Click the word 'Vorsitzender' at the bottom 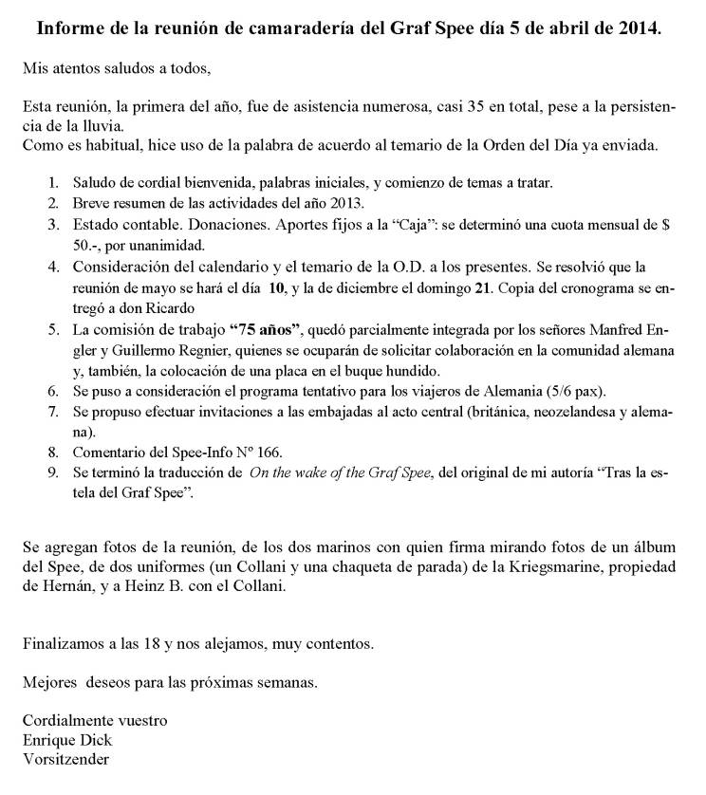[65, 759]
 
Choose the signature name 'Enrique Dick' [63, 740]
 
